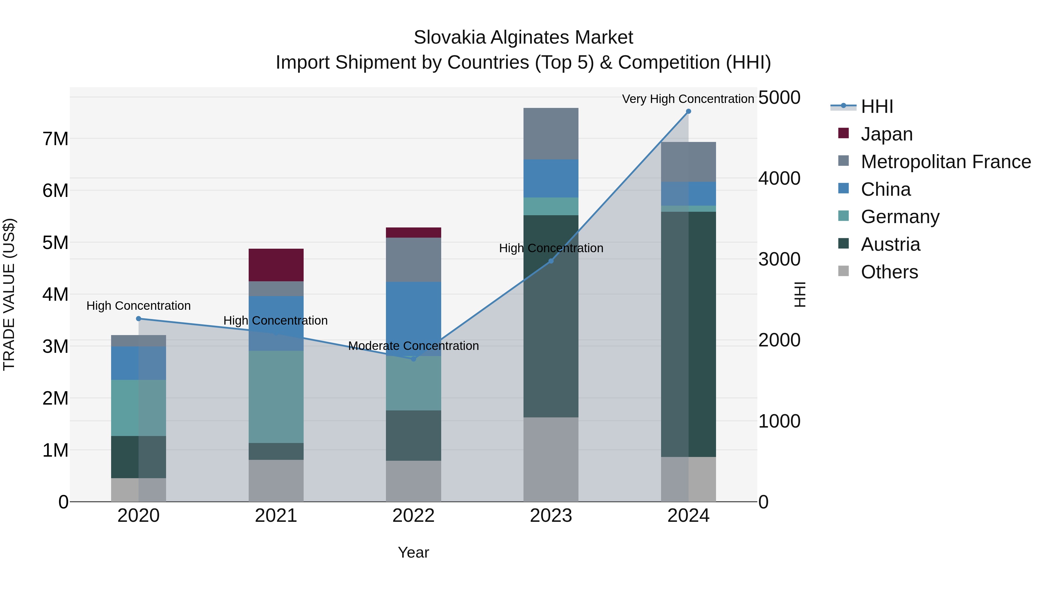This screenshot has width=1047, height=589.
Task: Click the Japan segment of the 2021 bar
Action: [x=276, y=265]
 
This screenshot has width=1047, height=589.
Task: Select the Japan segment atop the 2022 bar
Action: [x=413, y=232]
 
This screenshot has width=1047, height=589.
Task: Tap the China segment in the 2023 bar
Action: [x=551, y=179]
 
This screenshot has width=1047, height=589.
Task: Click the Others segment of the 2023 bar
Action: [x=551, y=459]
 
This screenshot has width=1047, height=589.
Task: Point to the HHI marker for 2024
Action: [x=688, y=111]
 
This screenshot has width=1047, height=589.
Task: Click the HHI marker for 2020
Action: [x=139, y=319]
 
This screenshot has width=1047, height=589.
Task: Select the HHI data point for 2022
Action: [x=413, y=359]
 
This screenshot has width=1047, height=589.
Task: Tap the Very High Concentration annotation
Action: [x=688, y=99]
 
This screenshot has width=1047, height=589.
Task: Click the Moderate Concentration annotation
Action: [x=413, y=346]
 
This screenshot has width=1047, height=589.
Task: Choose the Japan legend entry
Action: [x=886, y=134]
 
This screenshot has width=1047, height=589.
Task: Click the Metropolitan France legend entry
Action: [x=945, y=162]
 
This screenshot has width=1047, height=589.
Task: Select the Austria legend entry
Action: [x=890, y=244]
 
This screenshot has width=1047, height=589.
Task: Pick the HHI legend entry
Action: [x=876, y=106]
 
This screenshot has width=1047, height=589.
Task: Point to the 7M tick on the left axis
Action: [x=55, y=139]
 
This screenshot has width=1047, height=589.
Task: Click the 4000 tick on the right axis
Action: [x=779, y=179]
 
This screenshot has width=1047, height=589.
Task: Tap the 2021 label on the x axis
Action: [x=276, y=516]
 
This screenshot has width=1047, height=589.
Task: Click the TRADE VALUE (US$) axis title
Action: [x=9, y=294]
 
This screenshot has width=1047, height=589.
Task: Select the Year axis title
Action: [x=413, y=552]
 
